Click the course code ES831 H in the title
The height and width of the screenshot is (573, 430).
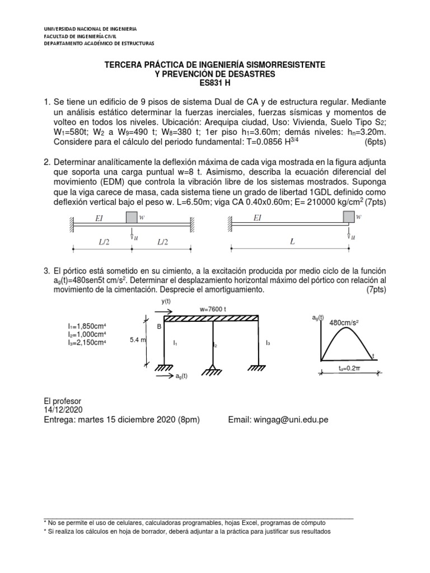coord(214,84)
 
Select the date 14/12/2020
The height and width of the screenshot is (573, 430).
coord(62,410)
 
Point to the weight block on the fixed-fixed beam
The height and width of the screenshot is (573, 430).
coord(132,217)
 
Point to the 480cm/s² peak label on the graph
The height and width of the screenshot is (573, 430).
coord(344,323)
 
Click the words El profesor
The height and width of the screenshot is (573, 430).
coord(62,401)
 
